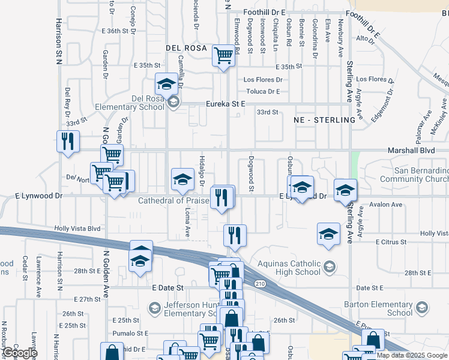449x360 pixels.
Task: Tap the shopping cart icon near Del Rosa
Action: click(223, 56)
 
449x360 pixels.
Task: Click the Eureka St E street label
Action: click(226, 104)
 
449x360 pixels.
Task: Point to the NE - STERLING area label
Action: click(325, 120)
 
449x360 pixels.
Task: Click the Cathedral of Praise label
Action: click(173, 200)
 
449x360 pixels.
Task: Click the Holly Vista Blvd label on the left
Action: click(77, 229)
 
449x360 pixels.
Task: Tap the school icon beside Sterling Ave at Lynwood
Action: click(345, 190)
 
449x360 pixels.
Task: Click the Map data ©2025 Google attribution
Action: click(412, 355)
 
